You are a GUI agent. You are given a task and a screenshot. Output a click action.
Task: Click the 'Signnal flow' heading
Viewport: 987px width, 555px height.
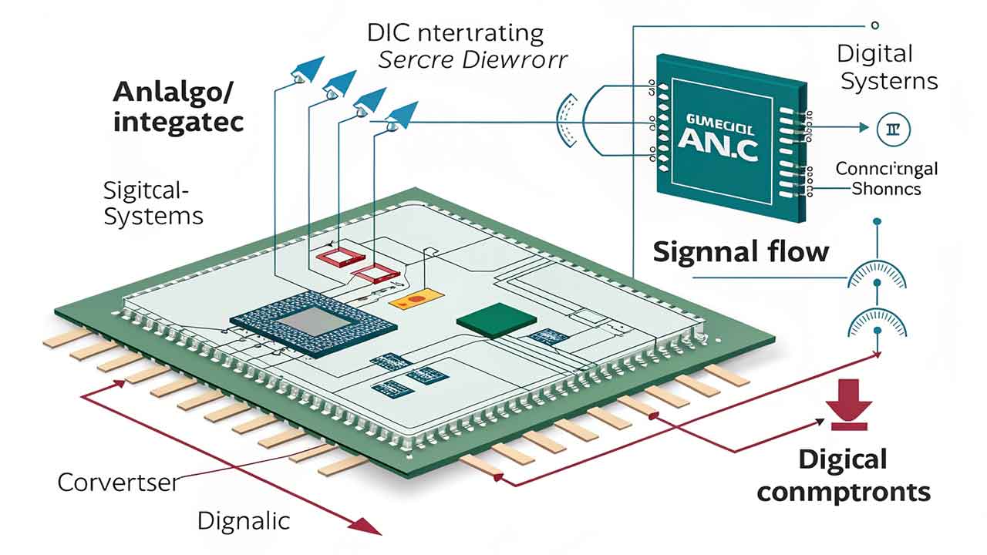click(741, 252)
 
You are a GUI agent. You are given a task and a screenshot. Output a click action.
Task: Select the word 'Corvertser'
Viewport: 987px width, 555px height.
click(118, 483)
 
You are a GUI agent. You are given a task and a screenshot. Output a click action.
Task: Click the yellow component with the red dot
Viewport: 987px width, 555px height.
click(412, 299)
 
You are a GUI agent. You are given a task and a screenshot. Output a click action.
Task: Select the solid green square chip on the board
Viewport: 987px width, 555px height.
click(487, 319)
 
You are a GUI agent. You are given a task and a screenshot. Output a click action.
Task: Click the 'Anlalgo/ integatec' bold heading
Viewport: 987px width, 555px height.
click(178, 106)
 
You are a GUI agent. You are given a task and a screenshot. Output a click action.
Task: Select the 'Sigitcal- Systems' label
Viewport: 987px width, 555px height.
click(153, 203)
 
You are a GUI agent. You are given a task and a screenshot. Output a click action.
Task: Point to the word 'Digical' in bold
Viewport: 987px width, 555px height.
click(842, 459)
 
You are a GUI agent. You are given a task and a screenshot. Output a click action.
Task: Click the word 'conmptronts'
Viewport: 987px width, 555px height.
click(844, 491)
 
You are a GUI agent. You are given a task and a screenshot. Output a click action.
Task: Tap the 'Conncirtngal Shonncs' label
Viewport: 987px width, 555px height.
click(887, 178)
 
